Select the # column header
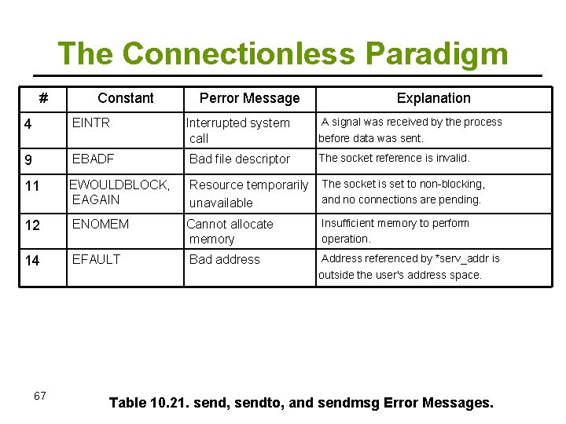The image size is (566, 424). point(43,98)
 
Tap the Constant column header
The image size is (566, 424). point(126,98)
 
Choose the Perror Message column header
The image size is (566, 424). point(249,98)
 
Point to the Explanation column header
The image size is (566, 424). point(433,98)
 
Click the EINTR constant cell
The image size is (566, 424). point(91,122)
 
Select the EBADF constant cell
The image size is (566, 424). point(93,159)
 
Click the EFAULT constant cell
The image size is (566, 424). point(96,259)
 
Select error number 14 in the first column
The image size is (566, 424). point(32,261)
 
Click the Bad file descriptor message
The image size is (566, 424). point(240,159)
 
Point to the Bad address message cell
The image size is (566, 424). point(224,259)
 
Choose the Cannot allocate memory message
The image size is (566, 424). point(230,231)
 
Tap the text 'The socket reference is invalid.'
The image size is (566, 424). point(394,158)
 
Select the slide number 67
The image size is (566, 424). point(40,396)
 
